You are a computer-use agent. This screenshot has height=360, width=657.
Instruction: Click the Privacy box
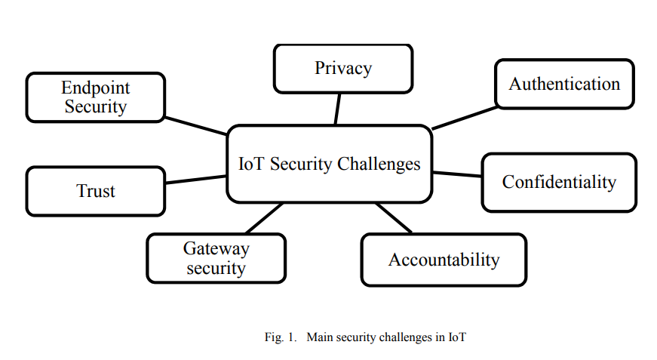[x=343, y=69]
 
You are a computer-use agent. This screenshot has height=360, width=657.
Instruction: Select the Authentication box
[x=564, y=84]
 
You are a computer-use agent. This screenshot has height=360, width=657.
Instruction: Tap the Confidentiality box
[x=559, y=182]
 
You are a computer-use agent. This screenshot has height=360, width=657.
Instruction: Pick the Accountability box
[x=444, y=260]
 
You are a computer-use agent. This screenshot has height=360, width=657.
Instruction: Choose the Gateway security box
[x=216, y=258]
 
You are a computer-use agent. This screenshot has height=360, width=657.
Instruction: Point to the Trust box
[x=96, y=191]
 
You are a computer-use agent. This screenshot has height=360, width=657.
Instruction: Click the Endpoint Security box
[x=96, y=97]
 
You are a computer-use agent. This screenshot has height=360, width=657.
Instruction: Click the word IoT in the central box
[x=250, y=164]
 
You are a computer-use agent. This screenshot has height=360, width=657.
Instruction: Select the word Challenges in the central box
[x=379, y=164]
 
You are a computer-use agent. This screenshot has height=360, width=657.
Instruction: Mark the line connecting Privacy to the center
[x=337, y=109]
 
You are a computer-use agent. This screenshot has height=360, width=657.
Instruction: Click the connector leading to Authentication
[x=464, y=118]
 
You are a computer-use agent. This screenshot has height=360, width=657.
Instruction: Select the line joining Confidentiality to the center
[x=456, y=174]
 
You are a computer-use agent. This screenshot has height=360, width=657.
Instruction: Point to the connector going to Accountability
[x=395, y=217]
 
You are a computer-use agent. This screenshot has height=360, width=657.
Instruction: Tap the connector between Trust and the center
[x=195, y=180]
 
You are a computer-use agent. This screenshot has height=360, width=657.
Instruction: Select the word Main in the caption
[x=320, y=337]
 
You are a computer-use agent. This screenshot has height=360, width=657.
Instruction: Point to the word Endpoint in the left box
[x=96, y=88]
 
